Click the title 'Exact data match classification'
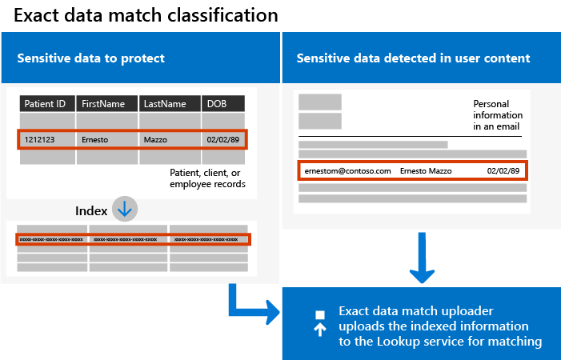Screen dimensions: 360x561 pyautogui.click(x=146, y=15)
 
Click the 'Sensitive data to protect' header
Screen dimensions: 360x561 pyautogui.click(x=91, y=58)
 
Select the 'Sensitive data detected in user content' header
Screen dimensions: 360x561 pyautogui.click(x=413, y=58)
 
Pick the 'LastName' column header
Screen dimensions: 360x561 pyautogui.click(x=166, y=104)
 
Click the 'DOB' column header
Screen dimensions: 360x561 pyautogui.click(x=217, y=104)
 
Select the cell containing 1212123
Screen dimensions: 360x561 pyautogui.click(x=40, y=139)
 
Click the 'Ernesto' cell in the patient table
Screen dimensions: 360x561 pyautogui.click(x=96, y=139)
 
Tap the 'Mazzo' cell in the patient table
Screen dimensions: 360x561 pyautogui.click(x=155, y=139)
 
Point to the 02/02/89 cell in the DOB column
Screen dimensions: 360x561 pyautogui.click(x=222, y=139)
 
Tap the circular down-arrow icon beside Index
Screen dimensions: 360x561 pyautogui.click(x=125, y=209)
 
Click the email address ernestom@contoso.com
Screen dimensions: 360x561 pyautogui.click(x=347, y=171)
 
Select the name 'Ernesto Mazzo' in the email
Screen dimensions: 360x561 pyautogui.click(x=425, y=171)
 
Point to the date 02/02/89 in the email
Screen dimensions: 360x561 pyautogui.click(x=503, y=171)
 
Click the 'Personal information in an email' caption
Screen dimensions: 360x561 pyautogui.click(x=497, y=115)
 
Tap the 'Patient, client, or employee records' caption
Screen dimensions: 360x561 pyautogui.click(x=207, y=178)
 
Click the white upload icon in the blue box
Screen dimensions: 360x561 pyautogui.click(x=319, y=323)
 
